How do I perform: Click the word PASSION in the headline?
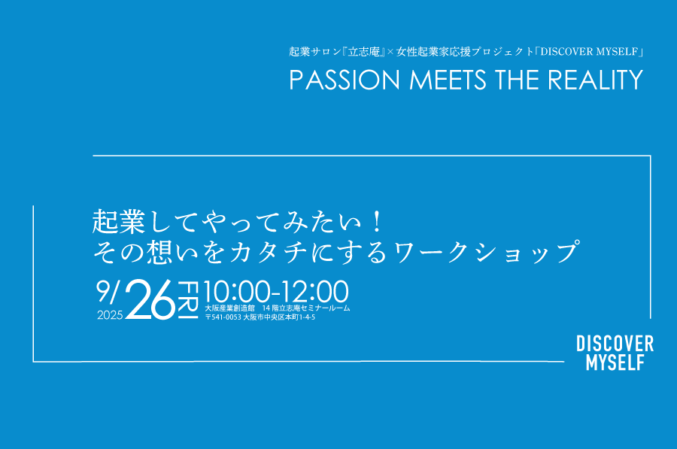(345, 80)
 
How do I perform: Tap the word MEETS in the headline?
(448, 80)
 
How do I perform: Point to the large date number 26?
(150, 299)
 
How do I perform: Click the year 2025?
(110, 315)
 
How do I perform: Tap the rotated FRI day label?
(188, 299)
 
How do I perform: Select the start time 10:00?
(238, 291)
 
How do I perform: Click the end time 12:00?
(314, 291)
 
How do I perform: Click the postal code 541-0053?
(226, 317)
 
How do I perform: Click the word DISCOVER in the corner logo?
(615, 344)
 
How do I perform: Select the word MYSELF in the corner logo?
(615, 363)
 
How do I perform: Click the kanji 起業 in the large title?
(119, 222)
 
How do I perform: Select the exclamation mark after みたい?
(377, 221)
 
